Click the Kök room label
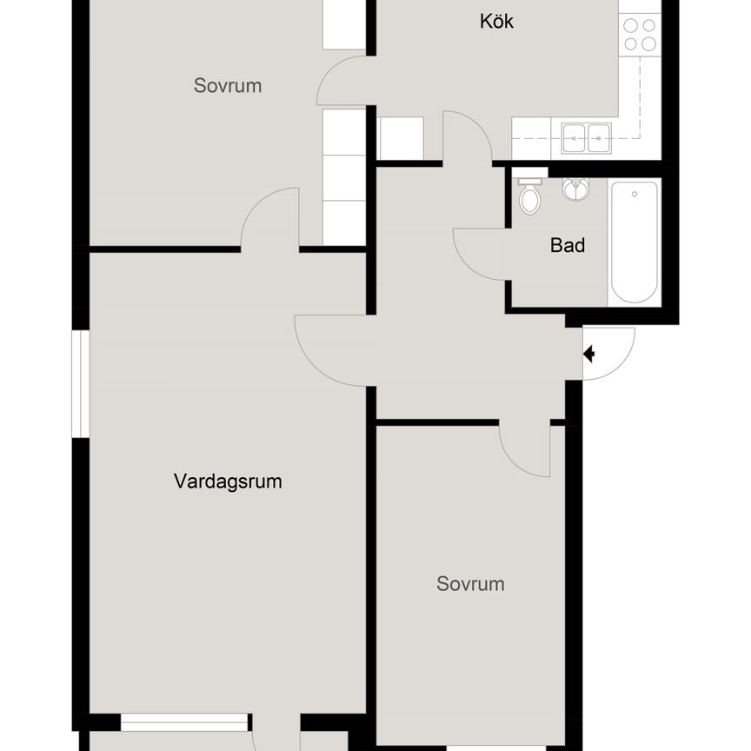coord(496,22)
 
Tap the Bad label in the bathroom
coord(568,246)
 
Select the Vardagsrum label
coord(228,482)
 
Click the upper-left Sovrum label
coord(228,86)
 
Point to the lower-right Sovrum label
coord(470,584)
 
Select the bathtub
coord(634,241)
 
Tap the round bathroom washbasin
coord(573,188)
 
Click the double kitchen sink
coord(586,134)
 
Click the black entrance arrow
coord(588,354)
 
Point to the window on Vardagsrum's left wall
coord(81,382)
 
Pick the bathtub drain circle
coord(634,193)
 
